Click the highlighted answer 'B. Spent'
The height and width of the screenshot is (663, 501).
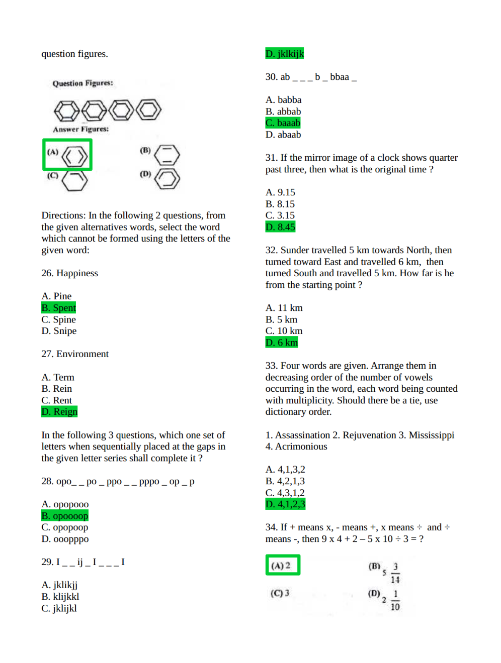coord(58,308)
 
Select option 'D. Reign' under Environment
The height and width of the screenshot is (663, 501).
coord(59,412)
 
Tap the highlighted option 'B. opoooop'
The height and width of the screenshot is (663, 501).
coord(64,516)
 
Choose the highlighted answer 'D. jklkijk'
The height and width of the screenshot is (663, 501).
coord(284,54)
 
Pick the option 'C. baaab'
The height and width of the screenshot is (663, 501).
coord(283,123)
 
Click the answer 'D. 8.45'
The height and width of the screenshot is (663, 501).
coord(280,227)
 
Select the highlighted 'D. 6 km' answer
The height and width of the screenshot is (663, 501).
coord(282,343)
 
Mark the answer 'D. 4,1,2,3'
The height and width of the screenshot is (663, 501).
coord(285,504)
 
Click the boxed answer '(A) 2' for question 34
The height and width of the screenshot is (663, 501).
coord(282,565)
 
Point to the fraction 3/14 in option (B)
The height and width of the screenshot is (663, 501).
coord(395,573)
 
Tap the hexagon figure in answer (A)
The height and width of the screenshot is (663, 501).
coord(74,156)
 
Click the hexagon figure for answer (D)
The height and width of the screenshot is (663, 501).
coord(167,179)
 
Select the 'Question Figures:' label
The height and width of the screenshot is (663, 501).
coord(82,83)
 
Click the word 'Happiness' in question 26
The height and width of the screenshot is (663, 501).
coord(77,273)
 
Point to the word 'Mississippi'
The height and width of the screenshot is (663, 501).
coord(431,435)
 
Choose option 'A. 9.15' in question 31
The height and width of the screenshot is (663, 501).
coord(280,192)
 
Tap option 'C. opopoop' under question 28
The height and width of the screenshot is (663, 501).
coord(64,527)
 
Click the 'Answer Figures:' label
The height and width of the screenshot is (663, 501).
coord(80,129)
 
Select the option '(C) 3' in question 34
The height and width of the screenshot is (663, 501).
coord(280,593)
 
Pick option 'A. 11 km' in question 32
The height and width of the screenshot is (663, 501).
coord(284,308)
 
